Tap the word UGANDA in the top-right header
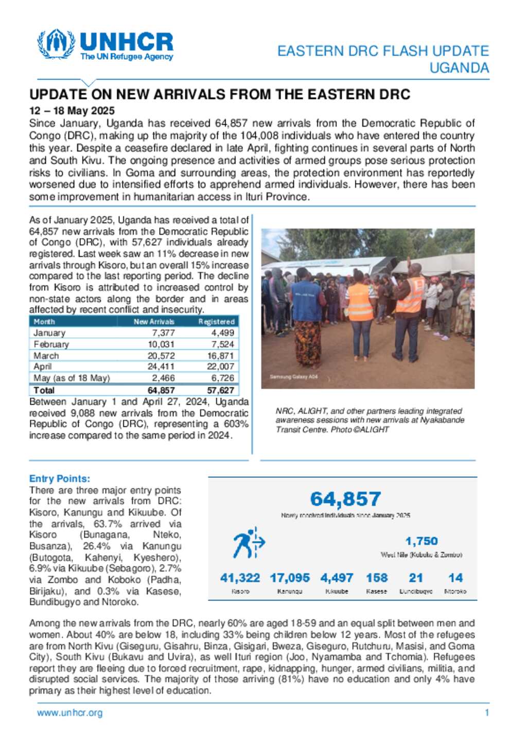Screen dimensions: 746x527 (459, 68)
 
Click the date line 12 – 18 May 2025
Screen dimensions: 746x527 (72, 111)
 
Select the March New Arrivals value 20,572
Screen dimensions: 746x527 (161, 356)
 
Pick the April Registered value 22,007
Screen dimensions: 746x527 (221, 367)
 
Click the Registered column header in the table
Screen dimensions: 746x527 (217, 322)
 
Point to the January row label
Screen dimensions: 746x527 (49, 333)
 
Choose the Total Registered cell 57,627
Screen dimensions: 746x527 (221, 390)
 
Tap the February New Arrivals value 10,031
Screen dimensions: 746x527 (161, 344)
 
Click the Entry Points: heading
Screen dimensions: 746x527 (60, 479)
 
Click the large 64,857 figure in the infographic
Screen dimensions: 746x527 (345, 499)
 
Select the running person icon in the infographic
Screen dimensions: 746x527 (249, 543)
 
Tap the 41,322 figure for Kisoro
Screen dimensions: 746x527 (240, 578)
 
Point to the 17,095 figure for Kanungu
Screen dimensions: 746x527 (290, 578)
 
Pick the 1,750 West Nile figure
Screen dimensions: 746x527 (421, 541)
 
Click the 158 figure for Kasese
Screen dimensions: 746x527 (377, 578)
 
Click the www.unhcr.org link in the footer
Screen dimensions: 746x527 (69, 713)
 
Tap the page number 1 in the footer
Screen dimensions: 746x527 (487, 713)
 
